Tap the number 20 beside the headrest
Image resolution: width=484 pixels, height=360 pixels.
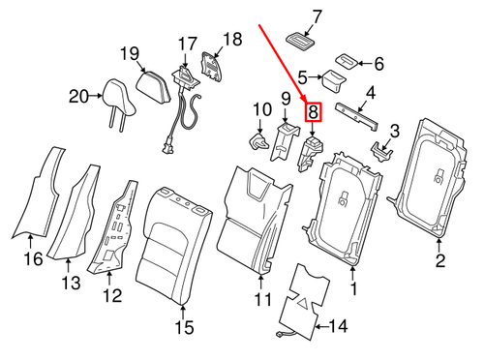(x=79, y=95)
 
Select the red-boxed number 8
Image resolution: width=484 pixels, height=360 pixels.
(x=313, y=113)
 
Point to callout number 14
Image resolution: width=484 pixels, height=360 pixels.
(x=337, y=326)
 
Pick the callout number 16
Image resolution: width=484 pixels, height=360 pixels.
(x=34, y=259)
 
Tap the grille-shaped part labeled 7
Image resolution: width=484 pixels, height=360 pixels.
(x=298, y=38)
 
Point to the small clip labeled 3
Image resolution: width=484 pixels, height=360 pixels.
(x=381, y=148)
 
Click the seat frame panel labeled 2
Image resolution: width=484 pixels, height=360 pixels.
(x=433, y=179)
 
